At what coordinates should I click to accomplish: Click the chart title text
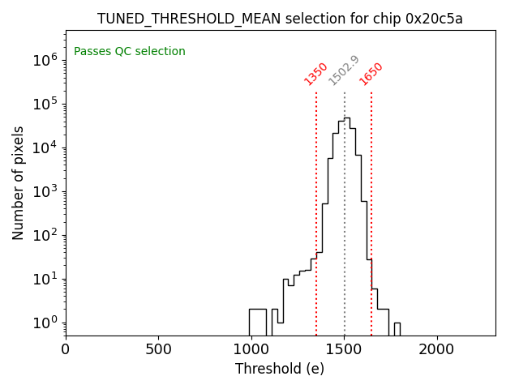(x=280, y=19)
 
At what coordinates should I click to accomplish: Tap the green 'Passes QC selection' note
(x=130, y=52)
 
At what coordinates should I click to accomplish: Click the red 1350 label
(x=315, y=74)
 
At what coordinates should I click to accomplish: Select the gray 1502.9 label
(x=344, y=71)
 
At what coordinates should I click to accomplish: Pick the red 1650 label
(x=371, y=74)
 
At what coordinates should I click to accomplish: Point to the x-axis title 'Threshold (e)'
(x=280, y=369)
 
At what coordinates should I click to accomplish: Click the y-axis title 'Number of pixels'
(x=19, y=182)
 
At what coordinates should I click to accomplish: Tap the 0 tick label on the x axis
(x=66, y=349)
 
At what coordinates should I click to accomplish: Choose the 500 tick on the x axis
(x=158, y=349)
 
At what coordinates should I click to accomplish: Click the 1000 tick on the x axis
(x=251, y=349)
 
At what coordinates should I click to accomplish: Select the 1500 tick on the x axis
(x=344, y=349)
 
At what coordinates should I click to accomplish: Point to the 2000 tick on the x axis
(x=437, y=349)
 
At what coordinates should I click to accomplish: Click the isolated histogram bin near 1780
(x=397, y=328)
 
